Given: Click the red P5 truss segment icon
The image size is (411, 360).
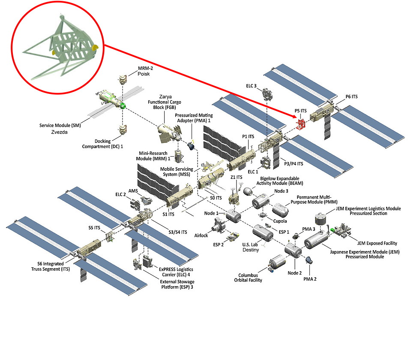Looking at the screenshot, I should tap(301, 124).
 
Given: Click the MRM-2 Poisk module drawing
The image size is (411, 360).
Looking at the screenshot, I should tap(123, 80).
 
